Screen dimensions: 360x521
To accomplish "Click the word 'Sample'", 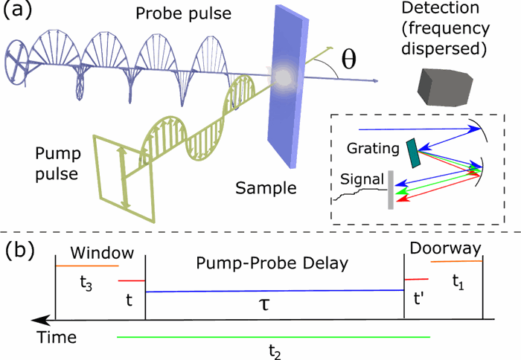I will point(266,187).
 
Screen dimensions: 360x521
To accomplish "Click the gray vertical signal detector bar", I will point(390,190).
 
